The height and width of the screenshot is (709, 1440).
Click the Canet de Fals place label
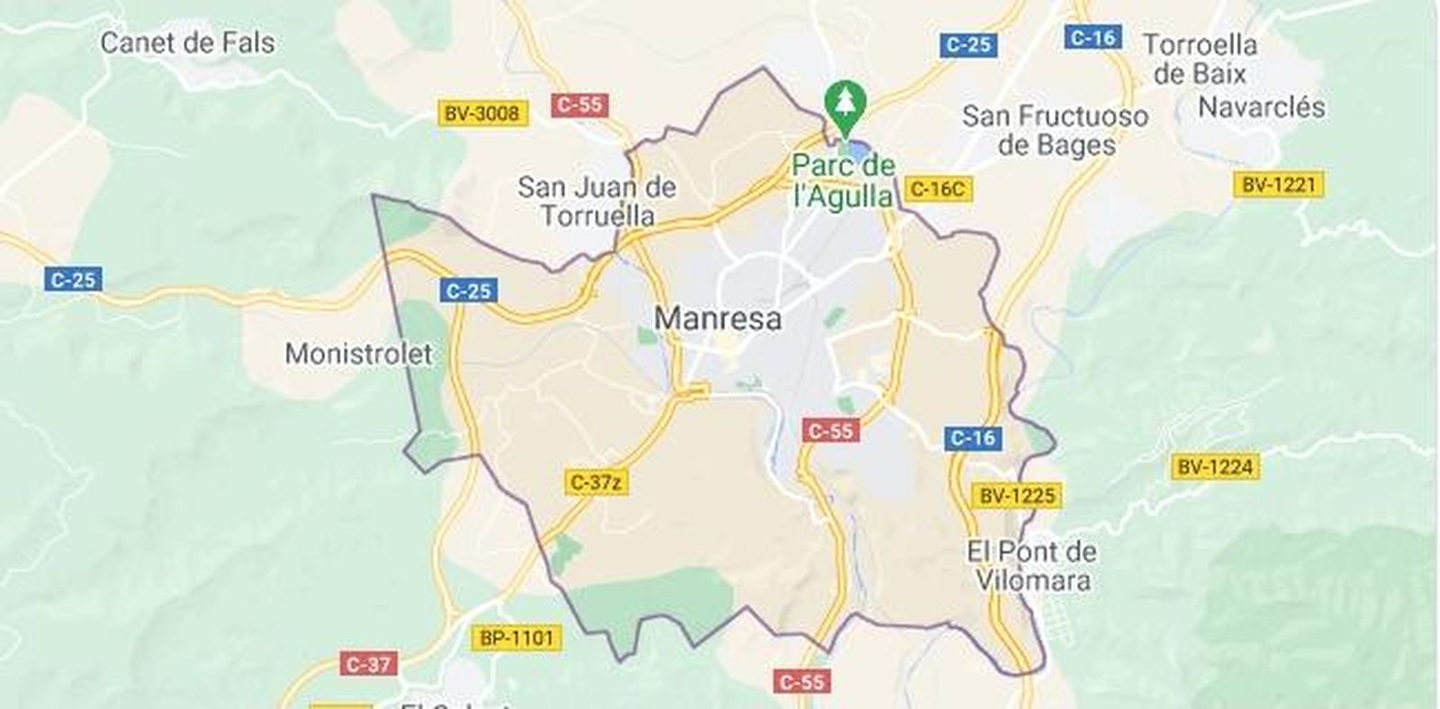click(187, 42)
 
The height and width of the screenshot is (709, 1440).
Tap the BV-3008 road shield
click(482, 113)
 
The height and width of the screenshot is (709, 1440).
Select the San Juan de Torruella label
click(597, 201)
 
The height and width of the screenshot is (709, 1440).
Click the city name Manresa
click(717, 318)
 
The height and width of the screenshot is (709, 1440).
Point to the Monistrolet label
click(358, 353)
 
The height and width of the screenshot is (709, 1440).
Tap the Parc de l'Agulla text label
click(843, 181)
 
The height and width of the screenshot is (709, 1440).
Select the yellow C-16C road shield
click(937, 189)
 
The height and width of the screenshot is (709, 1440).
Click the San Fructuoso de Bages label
click(1056, 130)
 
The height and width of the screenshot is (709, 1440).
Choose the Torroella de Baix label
click(1200, 58)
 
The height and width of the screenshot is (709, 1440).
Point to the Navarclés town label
click(1262, 107)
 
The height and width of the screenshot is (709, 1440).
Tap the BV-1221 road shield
click(1279, 185)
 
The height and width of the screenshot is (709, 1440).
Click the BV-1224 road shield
click(1215, 467)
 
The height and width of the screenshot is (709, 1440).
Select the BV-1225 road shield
click(1017, 495)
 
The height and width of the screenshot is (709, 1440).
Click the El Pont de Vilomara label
click(1032, 565)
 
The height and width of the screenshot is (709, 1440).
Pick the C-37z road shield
click(597, 482)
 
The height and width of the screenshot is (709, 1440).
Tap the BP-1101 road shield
click(516, 638)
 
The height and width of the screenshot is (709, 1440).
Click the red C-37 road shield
click(369, 665)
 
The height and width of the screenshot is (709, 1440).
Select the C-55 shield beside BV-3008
click(580, 104)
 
